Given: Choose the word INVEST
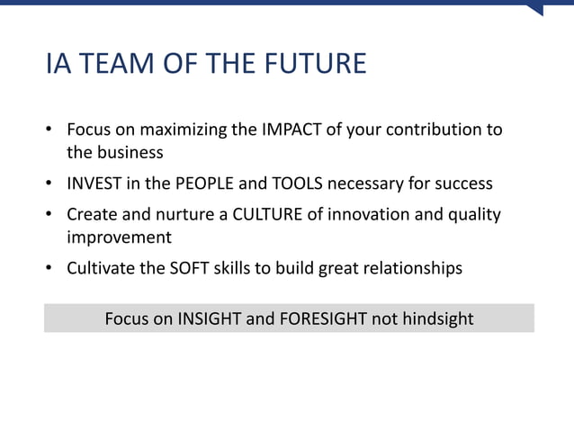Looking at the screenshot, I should click(x=96, y=184).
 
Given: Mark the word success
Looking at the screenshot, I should click(x=461, y=184).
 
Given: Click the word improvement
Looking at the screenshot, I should click(x=119, y=237).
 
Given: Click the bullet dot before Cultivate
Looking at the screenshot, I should click(x=51, y=268).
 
